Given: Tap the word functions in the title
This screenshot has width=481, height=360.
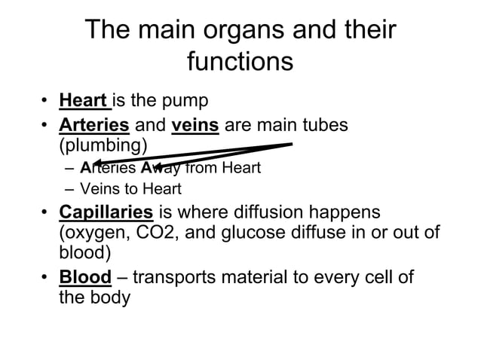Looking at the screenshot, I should [x=240, y=62].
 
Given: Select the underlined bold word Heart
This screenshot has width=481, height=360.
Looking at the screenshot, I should [x=84, y=101].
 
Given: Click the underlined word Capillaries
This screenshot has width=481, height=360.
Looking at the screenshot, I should [x=106, y=213].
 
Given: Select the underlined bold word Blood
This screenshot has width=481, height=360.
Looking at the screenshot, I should [x=85, y=277].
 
